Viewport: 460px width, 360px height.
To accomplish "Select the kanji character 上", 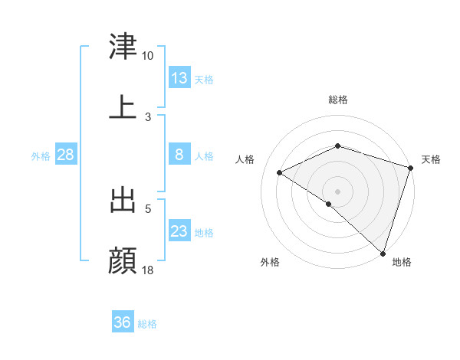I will pos(123,107).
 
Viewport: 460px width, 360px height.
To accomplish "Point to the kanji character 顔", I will pos(123,260).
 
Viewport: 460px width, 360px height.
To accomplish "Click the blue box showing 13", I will pos(179,78).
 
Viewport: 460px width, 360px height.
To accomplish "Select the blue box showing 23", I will pos(179,231).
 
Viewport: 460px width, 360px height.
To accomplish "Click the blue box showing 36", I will pos(122,322).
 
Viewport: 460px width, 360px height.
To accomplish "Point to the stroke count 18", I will pos(149,270).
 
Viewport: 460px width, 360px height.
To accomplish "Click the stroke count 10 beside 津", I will pos(147,56).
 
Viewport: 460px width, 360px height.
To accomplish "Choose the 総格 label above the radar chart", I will pos(337,100).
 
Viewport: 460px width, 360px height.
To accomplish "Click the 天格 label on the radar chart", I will pos(432,159).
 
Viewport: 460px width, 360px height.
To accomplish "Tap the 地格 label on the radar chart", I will pos(402,263).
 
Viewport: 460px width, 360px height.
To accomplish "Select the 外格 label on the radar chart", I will pos(270,263).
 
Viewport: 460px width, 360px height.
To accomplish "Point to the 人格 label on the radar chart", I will pos(245,159).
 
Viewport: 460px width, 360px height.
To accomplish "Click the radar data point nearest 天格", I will pos(410,168).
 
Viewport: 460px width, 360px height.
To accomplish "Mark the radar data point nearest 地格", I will pos(383,253).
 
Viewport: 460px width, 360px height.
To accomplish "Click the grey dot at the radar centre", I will pos(337,191).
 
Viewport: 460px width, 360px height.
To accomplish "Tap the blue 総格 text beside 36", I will pos(147,324).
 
